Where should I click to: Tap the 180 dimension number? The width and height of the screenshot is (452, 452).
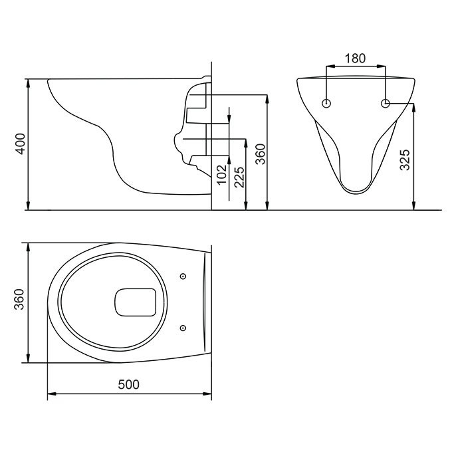pos(355,58)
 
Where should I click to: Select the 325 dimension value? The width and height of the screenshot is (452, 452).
pos(405,160)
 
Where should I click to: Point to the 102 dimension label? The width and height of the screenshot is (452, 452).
pos(222,175)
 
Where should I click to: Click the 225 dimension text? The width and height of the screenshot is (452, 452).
pos(239,177)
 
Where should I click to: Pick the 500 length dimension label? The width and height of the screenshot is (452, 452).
pos(129,384)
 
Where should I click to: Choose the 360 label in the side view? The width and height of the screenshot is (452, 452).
pos(261,154)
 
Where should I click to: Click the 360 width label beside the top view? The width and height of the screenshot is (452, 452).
pos(19,299)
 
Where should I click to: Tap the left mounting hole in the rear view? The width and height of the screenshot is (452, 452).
pos(326,103)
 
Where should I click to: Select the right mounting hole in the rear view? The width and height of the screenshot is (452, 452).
pos(386,103)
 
